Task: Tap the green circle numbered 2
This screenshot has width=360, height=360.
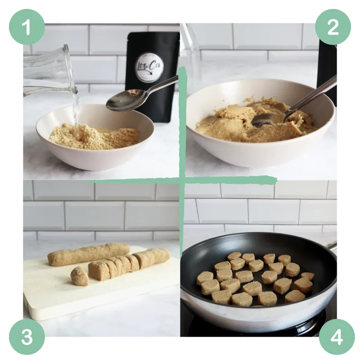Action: point(333,27)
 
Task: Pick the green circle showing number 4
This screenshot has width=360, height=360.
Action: point(337,337)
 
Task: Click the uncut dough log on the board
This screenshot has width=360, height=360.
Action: point(88,254)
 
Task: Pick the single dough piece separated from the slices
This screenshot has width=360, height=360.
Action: point(79,275)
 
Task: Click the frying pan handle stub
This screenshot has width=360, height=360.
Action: point(332,247)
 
